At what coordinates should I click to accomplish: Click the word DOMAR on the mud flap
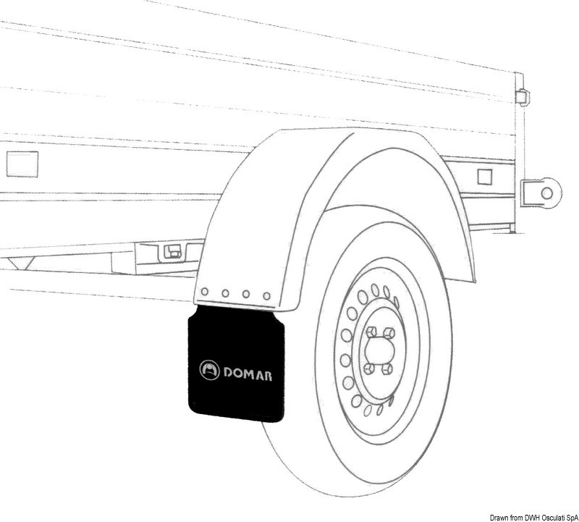[248, 374]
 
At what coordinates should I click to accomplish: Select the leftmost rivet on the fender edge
[204, 292]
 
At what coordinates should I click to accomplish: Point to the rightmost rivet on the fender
[266, 296]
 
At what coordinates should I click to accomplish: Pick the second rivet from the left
[225, 293]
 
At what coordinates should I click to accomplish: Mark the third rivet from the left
[245, 295]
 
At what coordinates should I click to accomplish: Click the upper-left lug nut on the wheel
[370, 333]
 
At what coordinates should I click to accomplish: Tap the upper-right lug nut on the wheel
[387, 332]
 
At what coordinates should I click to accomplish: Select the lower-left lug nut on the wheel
[370, 368]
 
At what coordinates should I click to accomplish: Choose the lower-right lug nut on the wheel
[387, 368]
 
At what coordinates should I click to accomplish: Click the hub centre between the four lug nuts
[379, 350]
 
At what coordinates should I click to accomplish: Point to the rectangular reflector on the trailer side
[22, 164]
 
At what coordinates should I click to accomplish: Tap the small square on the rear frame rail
[485, 177]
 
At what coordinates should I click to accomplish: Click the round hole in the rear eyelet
[547, 193]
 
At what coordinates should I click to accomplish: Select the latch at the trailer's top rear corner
[522, 96]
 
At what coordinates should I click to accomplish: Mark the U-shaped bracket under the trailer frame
[172, 251]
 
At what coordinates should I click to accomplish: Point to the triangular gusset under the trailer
[21, 263]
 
